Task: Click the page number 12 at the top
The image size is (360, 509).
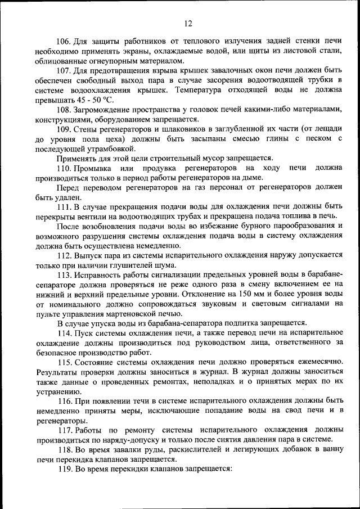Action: [x=188, y=23]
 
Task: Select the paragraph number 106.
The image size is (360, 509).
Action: [x=65, y=41]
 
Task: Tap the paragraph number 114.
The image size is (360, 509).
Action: [x=65, y=332]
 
